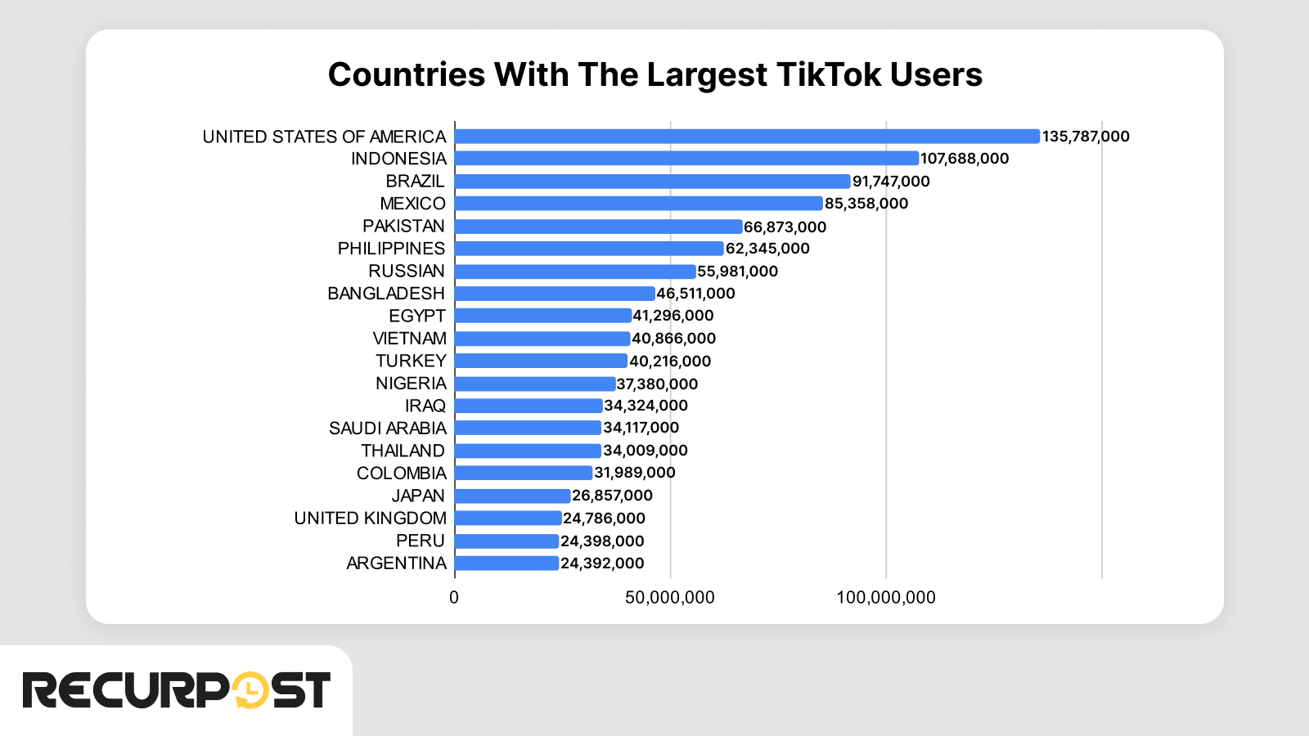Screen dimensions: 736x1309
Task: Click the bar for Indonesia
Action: [x=687, y=159]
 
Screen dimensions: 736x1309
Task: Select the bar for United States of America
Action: [x=747, y=137]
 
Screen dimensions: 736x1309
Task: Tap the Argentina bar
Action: [x=507, y=563]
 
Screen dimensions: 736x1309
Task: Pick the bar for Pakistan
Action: [x=599, y=227]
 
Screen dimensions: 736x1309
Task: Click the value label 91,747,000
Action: [x=891, y=182]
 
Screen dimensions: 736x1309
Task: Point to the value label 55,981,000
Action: [x=737, y=272]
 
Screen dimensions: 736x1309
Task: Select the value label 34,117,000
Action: [x=641, y=428]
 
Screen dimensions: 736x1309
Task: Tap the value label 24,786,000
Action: [x=604, y=518]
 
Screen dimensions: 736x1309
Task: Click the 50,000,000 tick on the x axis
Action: [x=670, y=598]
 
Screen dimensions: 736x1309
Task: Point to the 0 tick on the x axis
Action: [x=454, y=598]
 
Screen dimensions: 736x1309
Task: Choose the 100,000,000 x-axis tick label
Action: [x=886, y=598]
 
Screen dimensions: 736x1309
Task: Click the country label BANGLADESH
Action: [x=386, y=294]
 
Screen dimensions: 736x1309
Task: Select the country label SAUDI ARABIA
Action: [x=388, y=429]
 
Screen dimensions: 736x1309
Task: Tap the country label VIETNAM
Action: [x=409, y=339]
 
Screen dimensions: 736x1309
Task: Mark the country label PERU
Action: [x=421, y=541]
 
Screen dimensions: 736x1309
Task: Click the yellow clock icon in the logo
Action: [x=250, y=690]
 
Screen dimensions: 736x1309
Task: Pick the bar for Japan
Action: [x=513, y=496]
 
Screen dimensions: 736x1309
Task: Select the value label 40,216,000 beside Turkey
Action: [x=670, y=361]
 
